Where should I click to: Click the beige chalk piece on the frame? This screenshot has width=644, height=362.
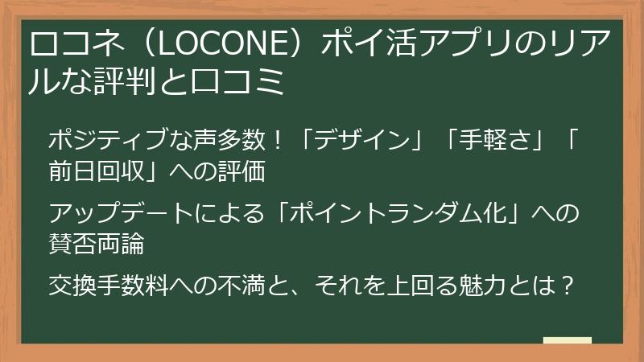[x=568, y=341]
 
